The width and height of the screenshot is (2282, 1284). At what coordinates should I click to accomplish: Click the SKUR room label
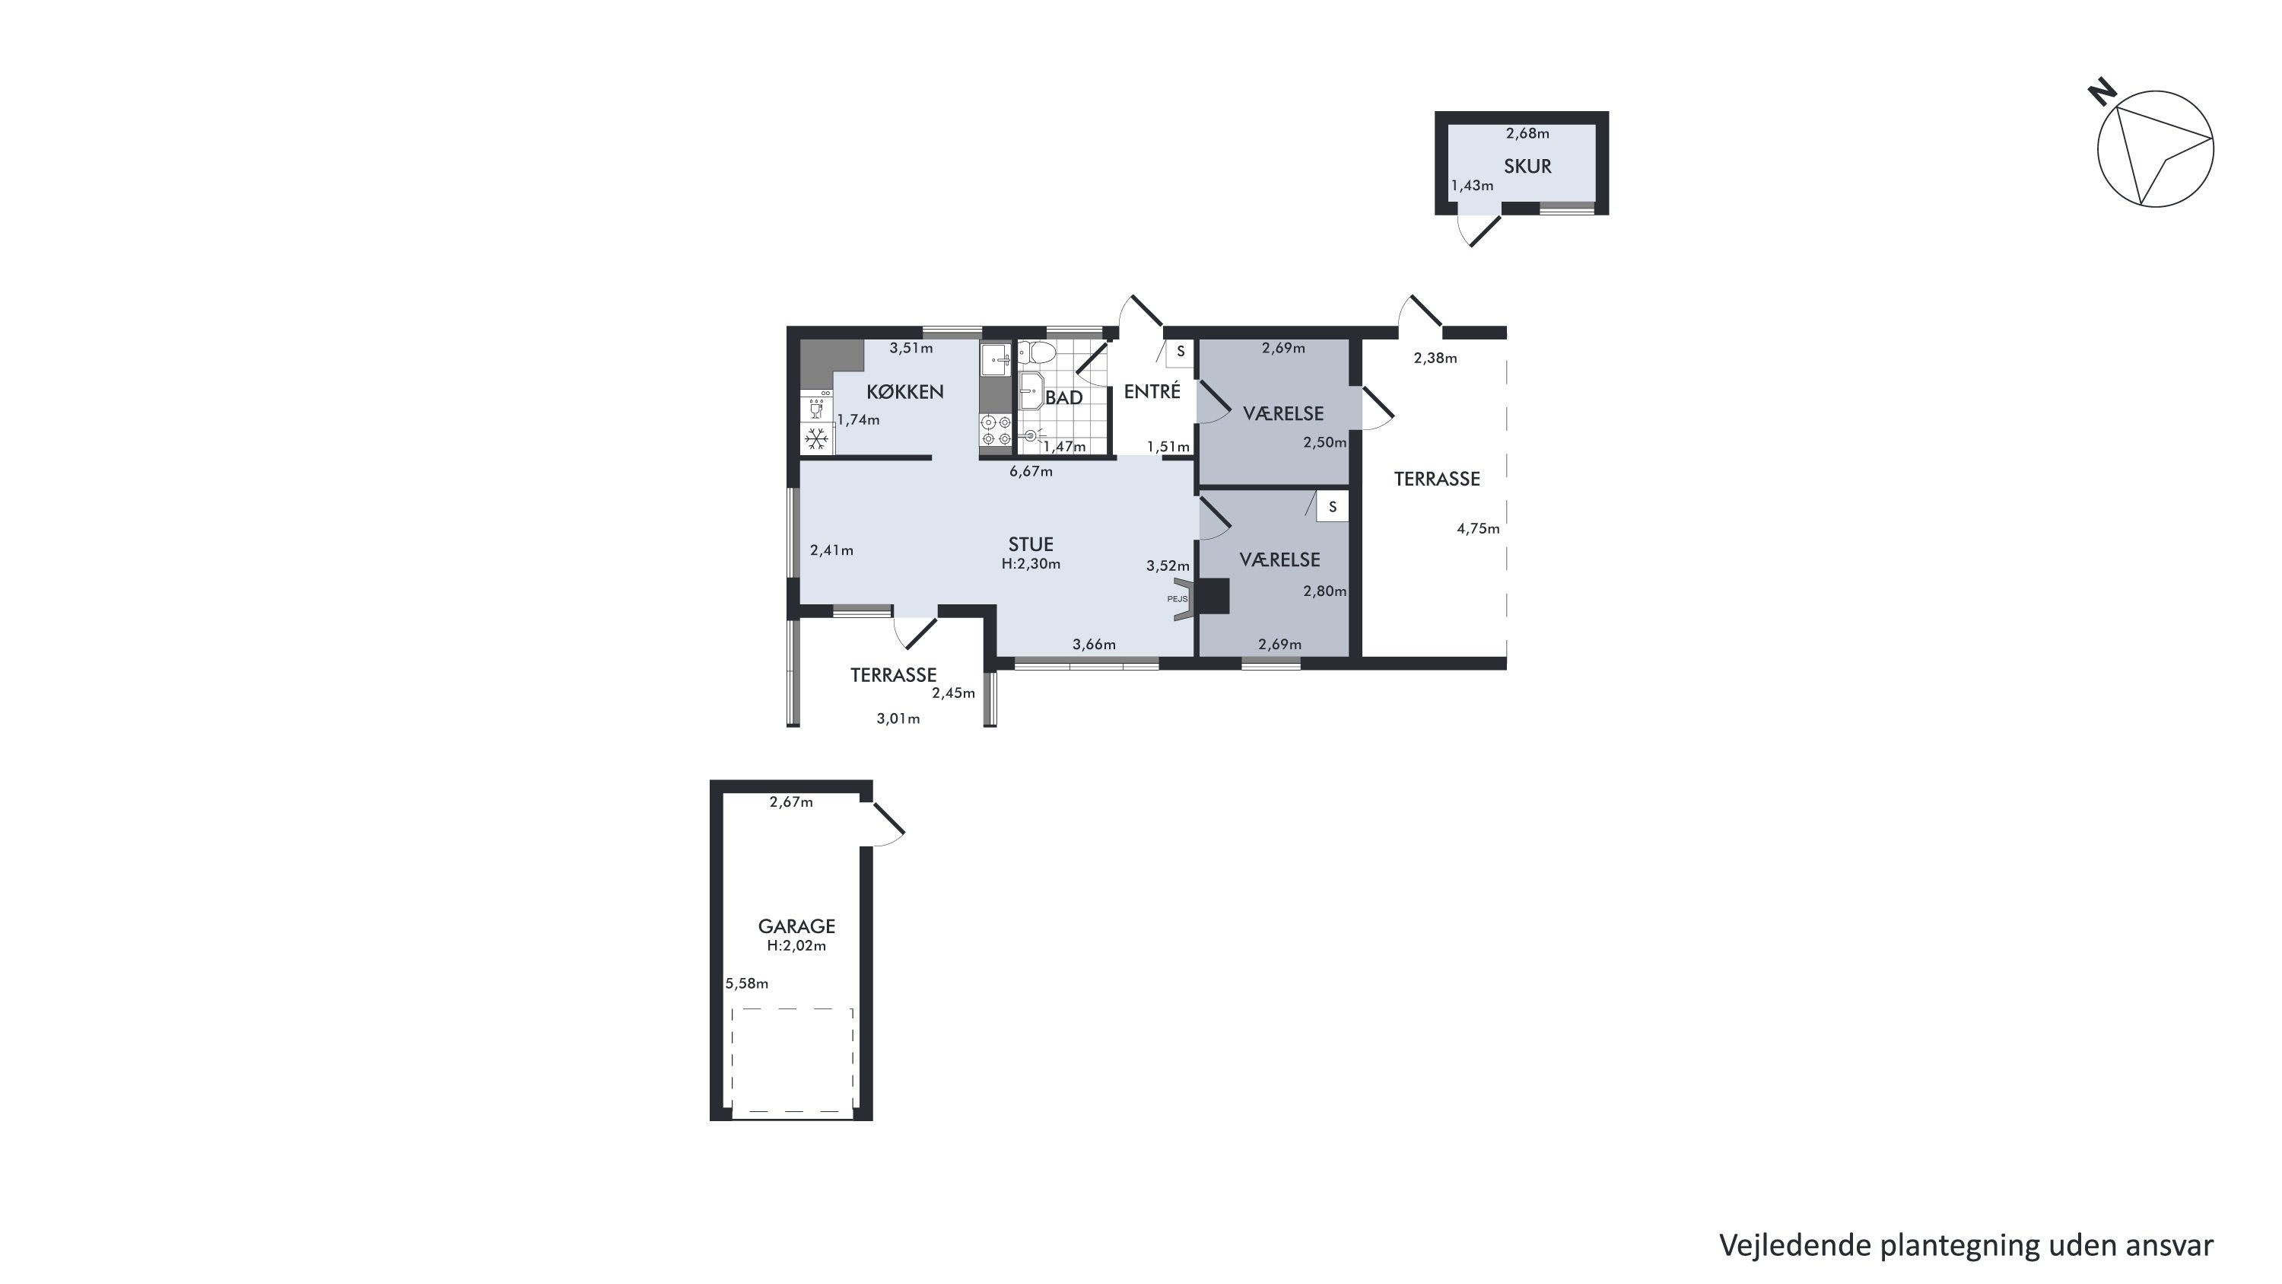click(x=1527, y=166)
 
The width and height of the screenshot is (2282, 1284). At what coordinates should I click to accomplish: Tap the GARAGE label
click(x=796, y=926)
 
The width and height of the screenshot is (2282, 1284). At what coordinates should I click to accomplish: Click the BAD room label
click(x=1064, y=398)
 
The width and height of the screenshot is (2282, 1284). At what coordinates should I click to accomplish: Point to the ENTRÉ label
click(x=1152, y=390)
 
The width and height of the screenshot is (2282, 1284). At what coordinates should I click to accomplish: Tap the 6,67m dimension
click(x=1031, y=471)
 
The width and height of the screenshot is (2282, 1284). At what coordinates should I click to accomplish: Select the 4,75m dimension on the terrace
click(x=1479, y=529)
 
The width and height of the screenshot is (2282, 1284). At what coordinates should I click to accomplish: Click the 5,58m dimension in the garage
click(x=747, y=983)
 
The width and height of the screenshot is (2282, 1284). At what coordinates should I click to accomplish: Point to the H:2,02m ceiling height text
click(x=796, y=945)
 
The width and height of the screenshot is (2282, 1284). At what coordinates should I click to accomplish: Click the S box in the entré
click(x=1180, y=352)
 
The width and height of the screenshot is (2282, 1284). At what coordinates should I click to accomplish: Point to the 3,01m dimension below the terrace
click(x=898, y=718)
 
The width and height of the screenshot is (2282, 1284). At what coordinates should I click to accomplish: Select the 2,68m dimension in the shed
click(x=1528, y=134)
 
